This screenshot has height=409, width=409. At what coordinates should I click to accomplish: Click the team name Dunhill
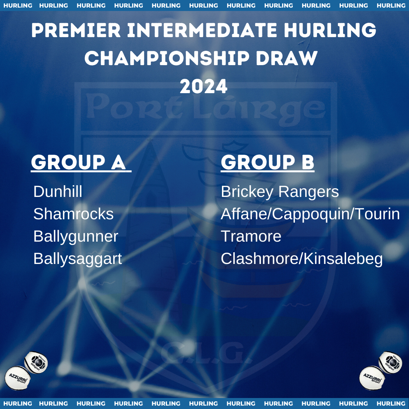tap(58, 192)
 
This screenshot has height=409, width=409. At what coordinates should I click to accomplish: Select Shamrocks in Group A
tap(73, 214)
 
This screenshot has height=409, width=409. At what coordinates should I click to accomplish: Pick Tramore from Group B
tap(251, 236)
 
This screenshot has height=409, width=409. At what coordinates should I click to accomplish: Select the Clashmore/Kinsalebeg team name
tap(301, 259)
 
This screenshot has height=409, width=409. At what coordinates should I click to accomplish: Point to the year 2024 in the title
tap(204, 87)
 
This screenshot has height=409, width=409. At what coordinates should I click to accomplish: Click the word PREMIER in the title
tap(76, 30)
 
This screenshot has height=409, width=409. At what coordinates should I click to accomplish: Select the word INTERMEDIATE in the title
tap(202, 30)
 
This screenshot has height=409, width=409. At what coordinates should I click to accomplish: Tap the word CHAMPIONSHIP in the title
tap(167, 58)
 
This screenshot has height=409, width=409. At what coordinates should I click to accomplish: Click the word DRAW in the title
tap(287, 58)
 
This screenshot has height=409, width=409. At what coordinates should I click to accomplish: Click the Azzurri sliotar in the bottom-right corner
tap(372, 378)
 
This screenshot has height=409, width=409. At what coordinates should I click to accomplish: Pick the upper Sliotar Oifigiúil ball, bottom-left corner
tap(36, 362)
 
